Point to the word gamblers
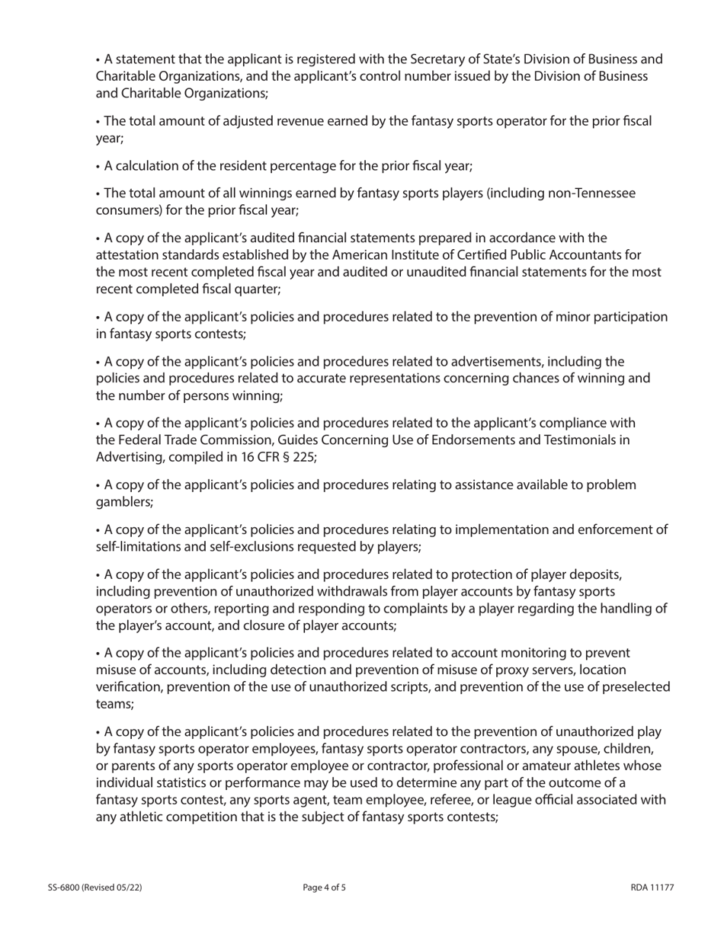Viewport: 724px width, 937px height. click(x=124, y=502)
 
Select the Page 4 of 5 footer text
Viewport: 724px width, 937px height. click(x=324, y=887)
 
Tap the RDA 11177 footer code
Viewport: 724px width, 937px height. click(x=652, y=887)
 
